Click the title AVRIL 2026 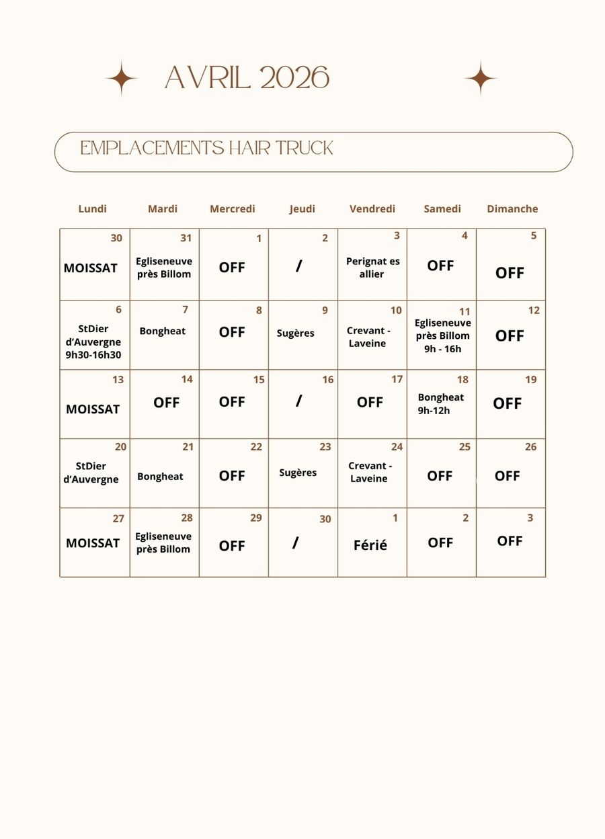point(247,79)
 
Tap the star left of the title point(122,79)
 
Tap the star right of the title point(481,79)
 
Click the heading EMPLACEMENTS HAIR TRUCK point(206,148)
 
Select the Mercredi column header point(233,209)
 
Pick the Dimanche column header point(512,209)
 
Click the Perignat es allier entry point(372,268)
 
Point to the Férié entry point(370,546)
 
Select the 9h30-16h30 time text point(93,355)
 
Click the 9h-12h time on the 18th point(434,410)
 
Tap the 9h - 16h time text point(442,349)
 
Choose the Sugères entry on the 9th point(296,333)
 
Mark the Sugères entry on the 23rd point(298,473)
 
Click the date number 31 point(186,238)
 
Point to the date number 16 point(327,380)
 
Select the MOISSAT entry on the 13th point(93,409)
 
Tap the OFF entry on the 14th point(166,403)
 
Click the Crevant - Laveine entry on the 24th point(370,472)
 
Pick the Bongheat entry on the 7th point(163,331)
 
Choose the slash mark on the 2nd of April point(298,266)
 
